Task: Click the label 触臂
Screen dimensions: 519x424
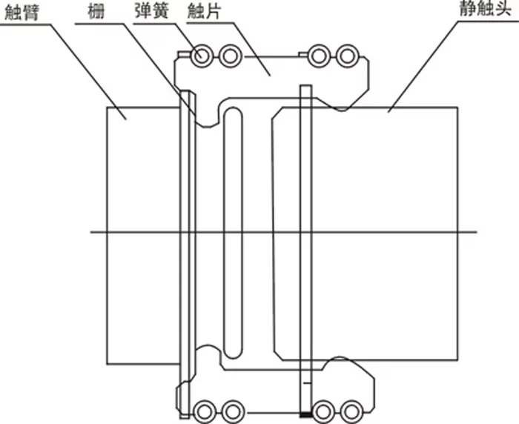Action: (x=22, y=13)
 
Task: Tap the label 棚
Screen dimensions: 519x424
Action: (x=96, y=11)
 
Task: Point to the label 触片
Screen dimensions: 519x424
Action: (x=204, y=11)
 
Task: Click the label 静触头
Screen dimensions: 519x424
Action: (x=485, y=9)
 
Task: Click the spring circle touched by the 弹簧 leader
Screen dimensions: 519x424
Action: (x=201, y=56)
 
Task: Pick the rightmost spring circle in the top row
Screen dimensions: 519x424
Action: (x=347, y=56)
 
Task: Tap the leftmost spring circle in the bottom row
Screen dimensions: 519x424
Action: (x=205, y=411)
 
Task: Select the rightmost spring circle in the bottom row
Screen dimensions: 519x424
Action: (x=351, y=411)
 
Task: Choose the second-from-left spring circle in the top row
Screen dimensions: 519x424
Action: (x=230, y=56)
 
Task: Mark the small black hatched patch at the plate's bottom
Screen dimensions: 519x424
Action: (x=306, y=414)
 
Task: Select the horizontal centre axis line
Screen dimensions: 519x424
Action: (x=284, y=232)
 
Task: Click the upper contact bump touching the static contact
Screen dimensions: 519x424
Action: (x=341, y=108)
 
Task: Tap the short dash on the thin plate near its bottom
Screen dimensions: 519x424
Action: (x=307, y=384)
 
